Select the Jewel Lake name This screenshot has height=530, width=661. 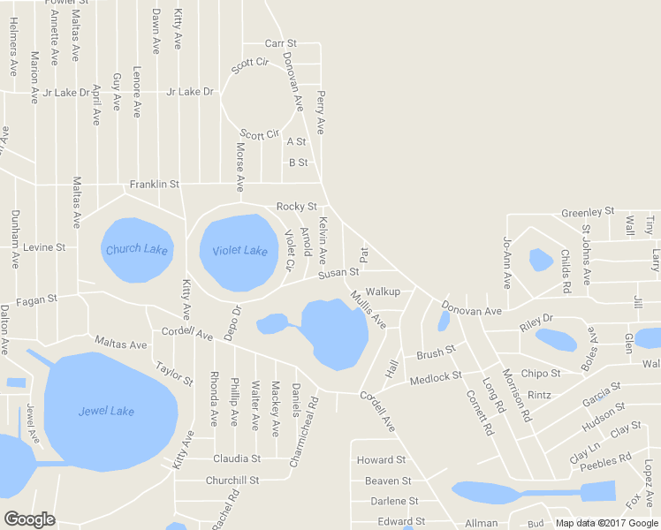(x=106, y=411)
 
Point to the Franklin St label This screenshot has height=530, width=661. (x=155, y=185)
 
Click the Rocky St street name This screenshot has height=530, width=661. (x=297, y=207)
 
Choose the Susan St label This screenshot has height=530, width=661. (x=338, y=273)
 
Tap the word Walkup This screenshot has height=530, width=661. (x=383, y=291)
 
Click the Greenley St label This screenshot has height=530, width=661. (x=588, y=212)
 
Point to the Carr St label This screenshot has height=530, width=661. (x=281, y=43)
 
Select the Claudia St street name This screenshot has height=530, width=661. (x=237, y=458)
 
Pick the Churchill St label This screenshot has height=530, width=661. (x=232, y=481)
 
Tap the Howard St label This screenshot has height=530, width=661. (x=381, y=460)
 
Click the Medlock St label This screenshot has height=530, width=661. (x=436, y=378)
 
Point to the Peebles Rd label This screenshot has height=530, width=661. (x=605, y=461)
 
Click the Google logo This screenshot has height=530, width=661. (x=29, y=519)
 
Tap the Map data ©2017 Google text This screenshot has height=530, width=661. (x=606, y=523)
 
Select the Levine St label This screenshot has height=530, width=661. (x=44, y=247)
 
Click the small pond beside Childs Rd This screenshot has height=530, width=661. (x=540, y=260)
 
